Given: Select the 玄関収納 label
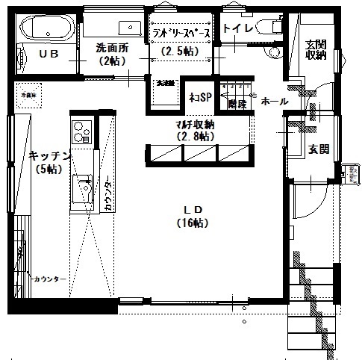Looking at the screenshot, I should (314, 49).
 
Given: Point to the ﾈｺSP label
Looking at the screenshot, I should (198, 98).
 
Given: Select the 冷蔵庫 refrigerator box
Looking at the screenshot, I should (28, 96).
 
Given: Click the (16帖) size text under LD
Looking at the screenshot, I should (193, 223).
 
